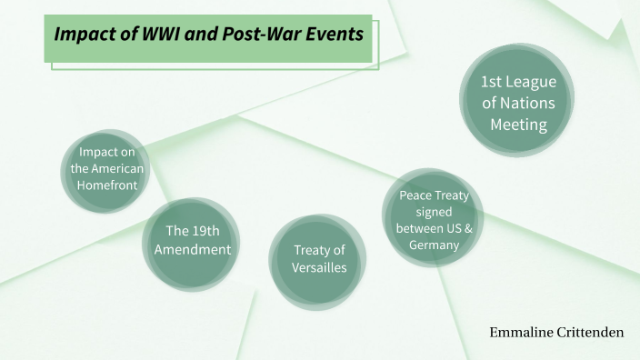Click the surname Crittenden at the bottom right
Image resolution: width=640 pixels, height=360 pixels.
click(589, 333)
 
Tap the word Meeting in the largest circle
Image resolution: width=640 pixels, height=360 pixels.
click(519, 125)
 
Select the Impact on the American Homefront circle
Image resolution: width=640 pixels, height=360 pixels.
click(107, 169)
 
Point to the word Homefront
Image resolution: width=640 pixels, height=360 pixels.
click(107, 185)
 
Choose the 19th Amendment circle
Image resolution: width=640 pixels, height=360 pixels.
click(192, 240)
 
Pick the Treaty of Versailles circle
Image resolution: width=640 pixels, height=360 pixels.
click(319, 259)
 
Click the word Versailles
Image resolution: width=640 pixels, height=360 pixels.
click(319, 267)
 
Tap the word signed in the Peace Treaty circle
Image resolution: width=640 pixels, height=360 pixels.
click(434, 211)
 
